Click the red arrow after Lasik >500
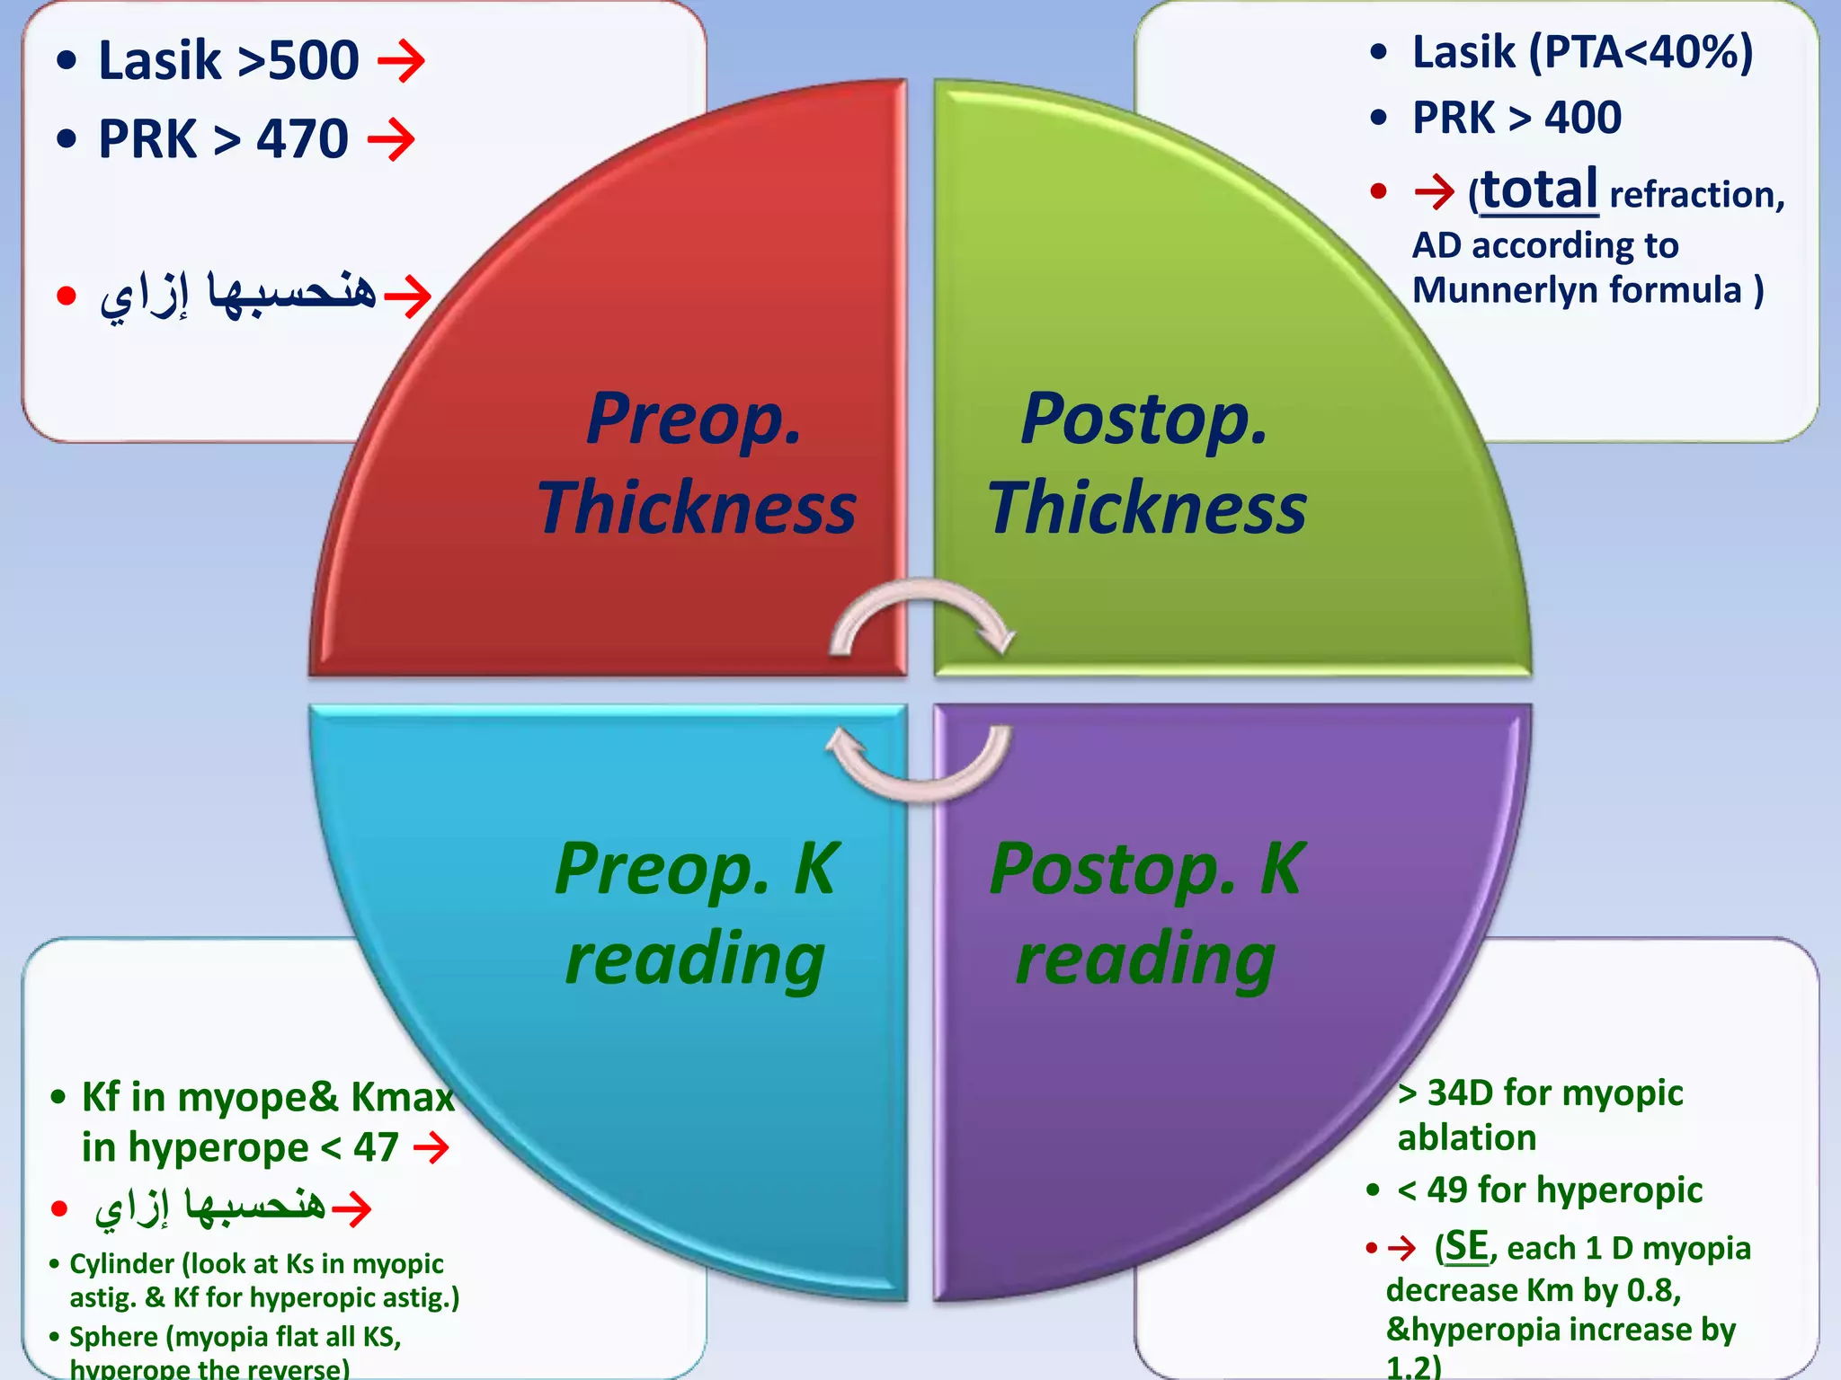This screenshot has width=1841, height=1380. [401, 61]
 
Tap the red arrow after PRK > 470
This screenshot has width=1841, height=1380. [391, 139]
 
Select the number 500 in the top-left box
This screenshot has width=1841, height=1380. [314, 61]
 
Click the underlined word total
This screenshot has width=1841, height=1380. [1539, 190]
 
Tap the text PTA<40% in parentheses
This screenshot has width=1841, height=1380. [1641, 52]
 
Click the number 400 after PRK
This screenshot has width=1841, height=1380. [1583, 118]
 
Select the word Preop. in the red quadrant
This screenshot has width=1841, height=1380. [693, 419]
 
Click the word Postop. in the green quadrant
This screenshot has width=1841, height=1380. [1144, 419]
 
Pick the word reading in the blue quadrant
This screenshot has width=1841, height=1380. [695, 959]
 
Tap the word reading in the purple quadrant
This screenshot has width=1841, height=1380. [1145, 959]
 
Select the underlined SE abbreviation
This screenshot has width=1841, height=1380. [1466, 1247]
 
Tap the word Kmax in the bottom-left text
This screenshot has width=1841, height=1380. [403, 1097]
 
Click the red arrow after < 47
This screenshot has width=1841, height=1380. [431, 1147]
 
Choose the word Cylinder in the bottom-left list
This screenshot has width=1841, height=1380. [122, 1264]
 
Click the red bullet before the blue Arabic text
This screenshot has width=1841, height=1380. [66, 296]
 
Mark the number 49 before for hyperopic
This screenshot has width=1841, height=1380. [1447, 1190]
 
